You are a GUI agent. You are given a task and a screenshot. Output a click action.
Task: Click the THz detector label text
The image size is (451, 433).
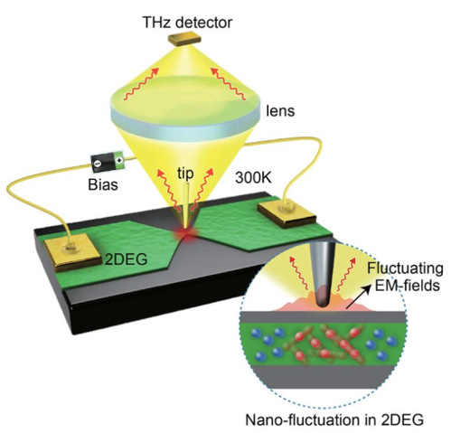pos(187,23)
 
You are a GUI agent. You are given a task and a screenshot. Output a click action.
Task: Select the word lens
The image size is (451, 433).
pos(280,111)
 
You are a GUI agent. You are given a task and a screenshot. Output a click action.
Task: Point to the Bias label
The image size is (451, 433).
pos(103,184)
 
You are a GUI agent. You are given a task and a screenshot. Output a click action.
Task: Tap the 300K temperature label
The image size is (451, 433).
pos(253,177)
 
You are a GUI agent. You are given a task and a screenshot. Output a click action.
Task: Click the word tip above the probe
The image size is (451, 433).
pos(185,174)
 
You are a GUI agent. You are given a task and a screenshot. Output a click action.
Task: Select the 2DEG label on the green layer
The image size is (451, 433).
pos(126,259)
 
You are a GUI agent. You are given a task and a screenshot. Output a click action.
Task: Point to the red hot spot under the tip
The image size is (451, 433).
pos(187,233)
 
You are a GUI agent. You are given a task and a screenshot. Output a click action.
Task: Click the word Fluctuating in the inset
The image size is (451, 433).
pos(405,268)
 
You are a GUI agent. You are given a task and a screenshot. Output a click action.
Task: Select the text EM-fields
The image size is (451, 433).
pos(407,285)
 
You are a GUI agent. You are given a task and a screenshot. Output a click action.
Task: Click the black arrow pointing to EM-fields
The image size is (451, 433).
pos(357,297)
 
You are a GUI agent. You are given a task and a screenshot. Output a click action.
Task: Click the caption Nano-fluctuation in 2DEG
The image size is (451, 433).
pos(334,419)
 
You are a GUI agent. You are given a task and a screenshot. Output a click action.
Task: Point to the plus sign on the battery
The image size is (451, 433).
pos(119,159)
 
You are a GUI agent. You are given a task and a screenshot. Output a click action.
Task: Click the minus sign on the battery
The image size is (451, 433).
pos(98,164)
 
